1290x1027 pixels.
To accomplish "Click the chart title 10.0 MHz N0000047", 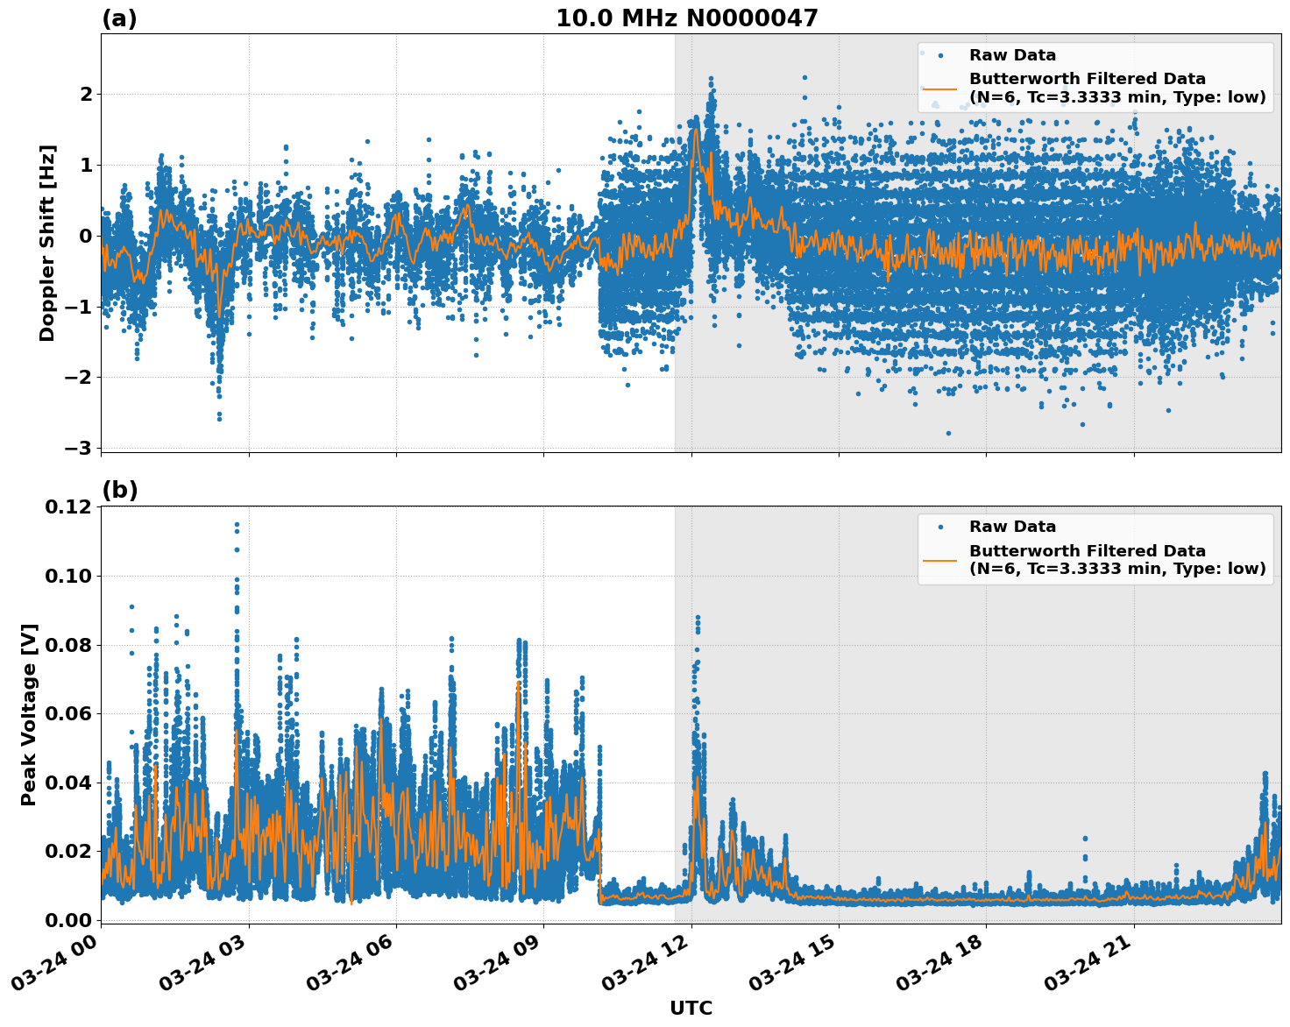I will pos(686,18).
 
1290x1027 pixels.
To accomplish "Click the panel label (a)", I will pos(119,18).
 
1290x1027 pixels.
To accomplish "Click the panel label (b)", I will pos(119,490).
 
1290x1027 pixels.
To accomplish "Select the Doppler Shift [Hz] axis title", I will pos(47,243).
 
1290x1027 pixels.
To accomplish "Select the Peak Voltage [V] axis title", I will pos(29,714).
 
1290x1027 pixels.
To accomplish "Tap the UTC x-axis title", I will pos(691,1008).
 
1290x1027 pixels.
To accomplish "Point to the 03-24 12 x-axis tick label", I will pos(643,967).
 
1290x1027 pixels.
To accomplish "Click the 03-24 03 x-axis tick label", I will pos(201,967).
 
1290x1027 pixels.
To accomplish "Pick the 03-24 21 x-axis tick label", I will pos(1086,967).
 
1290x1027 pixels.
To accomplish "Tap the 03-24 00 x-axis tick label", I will pos(53,967).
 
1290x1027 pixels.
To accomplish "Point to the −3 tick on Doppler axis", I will pos(77,448).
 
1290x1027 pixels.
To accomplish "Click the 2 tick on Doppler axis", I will pos(85,94).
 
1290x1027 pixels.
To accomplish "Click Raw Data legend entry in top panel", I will pos(1012,55).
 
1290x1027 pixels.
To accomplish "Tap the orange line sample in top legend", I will pos(940,88).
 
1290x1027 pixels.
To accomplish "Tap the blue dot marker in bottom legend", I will pos(940,527).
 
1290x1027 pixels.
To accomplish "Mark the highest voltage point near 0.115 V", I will pos(237,525).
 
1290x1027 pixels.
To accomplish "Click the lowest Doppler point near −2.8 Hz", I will pos(948,433).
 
